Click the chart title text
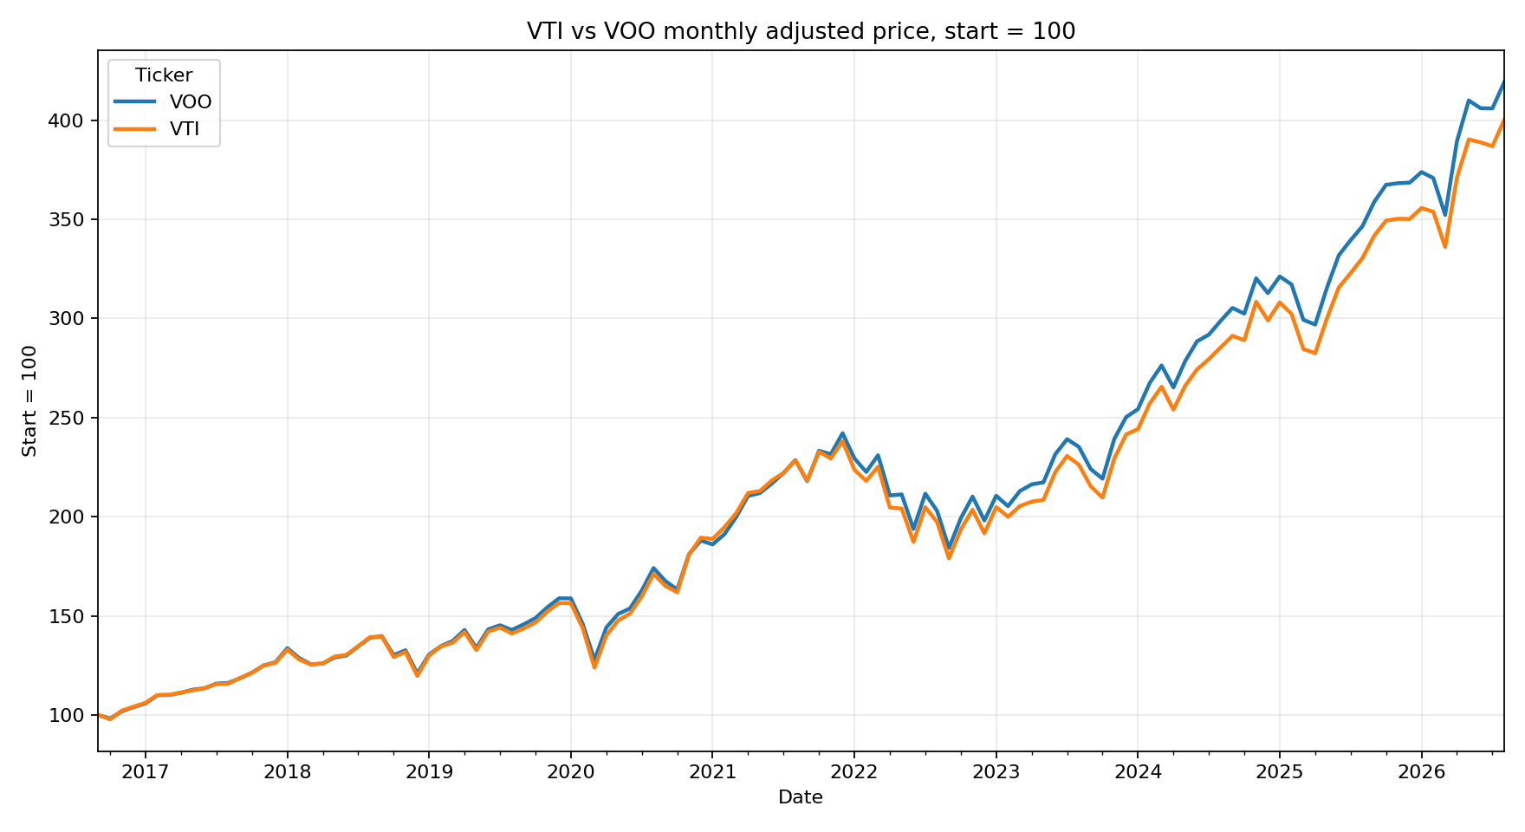[801, 31]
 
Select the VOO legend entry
[191, 102]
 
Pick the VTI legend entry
[185, 130]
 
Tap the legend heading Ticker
[164, 75]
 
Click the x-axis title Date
[801, 797]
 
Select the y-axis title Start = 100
[30, 400]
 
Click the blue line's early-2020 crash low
[594, 660]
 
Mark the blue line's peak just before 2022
[842, 433]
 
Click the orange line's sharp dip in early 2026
[1445, 247]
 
